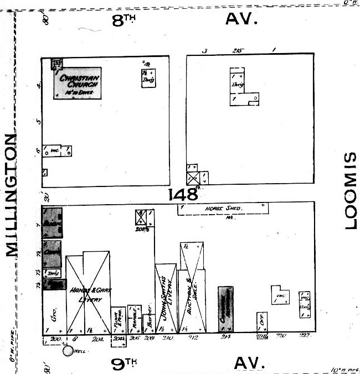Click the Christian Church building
[x=78, y=83]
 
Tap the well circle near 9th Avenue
[x=68, y=350]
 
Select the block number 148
[x=184, y=194]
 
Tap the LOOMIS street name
[x=349, y=191]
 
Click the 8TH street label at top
[x=124, y=20]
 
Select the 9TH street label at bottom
[x=124, y=363]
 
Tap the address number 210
[x=168, y=338]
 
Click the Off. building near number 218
[x=262, y=321]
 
